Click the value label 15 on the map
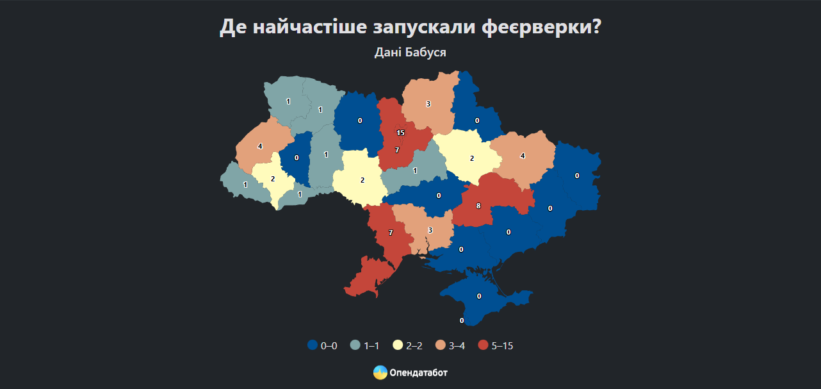point(401,133)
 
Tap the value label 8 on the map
point(478,206)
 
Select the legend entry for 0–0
point(322,345)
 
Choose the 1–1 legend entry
point(365,345)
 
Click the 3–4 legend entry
point(450,345)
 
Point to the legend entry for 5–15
point(496,345)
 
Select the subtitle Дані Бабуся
point(410,52)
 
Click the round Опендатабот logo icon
point(380,372)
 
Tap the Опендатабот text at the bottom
point(418,372)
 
